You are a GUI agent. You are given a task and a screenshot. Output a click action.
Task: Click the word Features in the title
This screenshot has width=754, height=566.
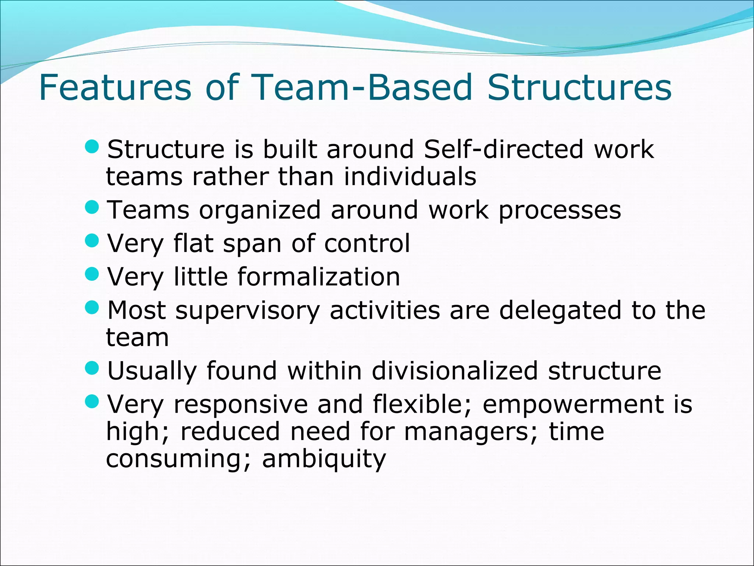coord(115,87)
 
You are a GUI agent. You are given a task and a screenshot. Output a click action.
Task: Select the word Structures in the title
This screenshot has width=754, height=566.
coord(579,87)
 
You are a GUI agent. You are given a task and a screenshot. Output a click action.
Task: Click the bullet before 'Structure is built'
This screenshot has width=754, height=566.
coord(92,147)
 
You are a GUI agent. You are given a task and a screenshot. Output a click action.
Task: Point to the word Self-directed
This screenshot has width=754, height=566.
coord(504,149)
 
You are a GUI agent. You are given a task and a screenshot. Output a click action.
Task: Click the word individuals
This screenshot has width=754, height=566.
coord(410,177)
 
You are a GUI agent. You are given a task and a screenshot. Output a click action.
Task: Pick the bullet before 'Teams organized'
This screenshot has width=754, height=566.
coord(92,207)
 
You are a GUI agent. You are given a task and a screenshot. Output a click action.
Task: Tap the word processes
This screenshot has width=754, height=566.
coord(560,211)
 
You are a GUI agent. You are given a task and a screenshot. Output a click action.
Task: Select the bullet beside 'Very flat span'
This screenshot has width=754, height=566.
coord(92,241)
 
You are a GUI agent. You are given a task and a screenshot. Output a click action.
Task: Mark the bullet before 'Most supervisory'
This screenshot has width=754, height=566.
coord(92,307)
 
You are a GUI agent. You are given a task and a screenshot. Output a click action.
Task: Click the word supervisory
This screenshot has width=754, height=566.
coord(247,311)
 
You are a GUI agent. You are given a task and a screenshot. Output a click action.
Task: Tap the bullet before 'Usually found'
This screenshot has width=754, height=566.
coord(92,367)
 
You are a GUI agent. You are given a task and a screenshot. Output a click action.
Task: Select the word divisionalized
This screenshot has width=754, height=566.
coord(455,371)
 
